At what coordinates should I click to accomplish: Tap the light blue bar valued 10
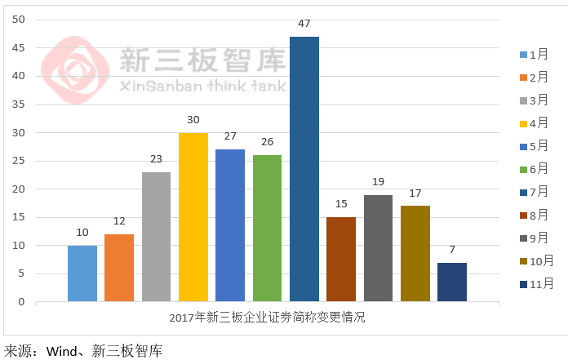click(x=82, y=273)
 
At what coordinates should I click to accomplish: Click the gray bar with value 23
click(x=156, y=237)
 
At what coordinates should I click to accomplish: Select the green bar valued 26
click(x=268, y=229)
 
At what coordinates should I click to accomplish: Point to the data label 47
click(x=304, y=24)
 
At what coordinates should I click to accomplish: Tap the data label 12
click(x=119, y=222)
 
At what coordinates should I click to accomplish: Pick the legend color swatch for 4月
click(x=523, y=124)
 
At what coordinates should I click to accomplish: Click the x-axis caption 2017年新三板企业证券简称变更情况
click(x=268, y=318)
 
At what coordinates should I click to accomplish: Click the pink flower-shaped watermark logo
click(x=75, y=69)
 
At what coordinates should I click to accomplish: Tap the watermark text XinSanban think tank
click(x=202, y=86)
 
